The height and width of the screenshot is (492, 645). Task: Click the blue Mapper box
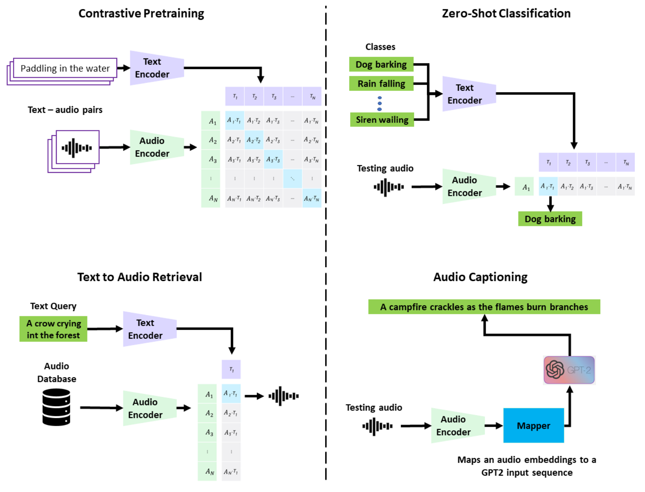[x=533, y=425]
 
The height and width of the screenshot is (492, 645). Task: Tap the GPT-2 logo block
[x=569, y=370]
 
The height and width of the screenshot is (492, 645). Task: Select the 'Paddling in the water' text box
[x=65, y=68]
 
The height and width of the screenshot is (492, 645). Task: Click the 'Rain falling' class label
[x=381, y=83]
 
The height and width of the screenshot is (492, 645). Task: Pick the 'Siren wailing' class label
[x=382, y=120]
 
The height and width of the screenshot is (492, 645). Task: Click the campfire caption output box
[x=484, y=307]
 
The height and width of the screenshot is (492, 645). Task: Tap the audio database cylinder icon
[x=56, y=407]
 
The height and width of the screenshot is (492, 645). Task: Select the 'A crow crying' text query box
[x=54, y=329]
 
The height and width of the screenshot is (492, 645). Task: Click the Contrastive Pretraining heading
[x=141, y=13]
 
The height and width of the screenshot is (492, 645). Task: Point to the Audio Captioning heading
[x=480, y=277]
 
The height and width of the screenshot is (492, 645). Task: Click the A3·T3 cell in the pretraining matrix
[x=273, y=159]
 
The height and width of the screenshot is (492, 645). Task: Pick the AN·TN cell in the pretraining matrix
[x=311, y=199]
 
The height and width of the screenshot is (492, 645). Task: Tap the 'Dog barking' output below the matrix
[x=550, y=219]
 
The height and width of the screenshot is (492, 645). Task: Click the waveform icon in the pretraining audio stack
[x=77, y=148]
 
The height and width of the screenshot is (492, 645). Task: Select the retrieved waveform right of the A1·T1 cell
[x=283, y=396]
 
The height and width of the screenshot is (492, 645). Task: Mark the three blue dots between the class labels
[x=379, y=104]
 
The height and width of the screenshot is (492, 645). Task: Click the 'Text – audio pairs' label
[x=65, y=110]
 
